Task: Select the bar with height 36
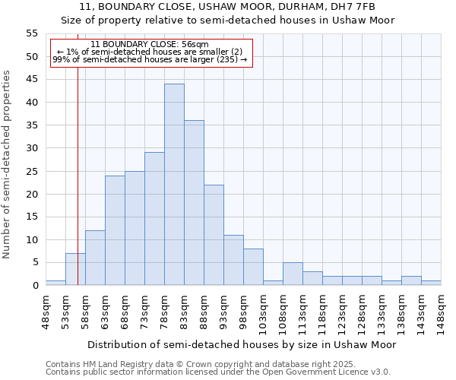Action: pos(194,203)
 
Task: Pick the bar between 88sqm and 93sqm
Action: pos(214,235)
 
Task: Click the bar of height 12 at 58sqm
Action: pos(95,258)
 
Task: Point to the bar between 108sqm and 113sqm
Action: pos(293,274)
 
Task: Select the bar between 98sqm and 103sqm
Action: pos(253,267)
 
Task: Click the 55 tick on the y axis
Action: pos(32,33)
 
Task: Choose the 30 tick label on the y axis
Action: pos(32,148)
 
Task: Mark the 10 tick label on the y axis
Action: pos(32,239)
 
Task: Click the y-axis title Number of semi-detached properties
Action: pos(8,164)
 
